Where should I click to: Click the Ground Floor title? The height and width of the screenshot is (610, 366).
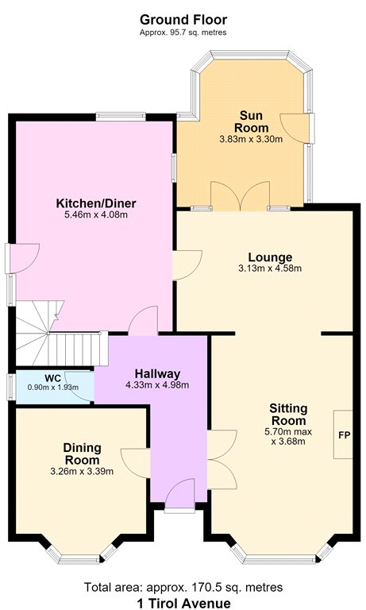point(183,19)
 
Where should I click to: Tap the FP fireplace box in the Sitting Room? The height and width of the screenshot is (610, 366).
point(343,434)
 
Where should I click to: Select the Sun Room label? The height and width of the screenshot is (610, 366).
point(251,122)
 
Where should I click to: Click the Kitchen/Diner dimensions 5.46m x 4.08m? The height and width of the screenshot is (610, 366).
point(96,214)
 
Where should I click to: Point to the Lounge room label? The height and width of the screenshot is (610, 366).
point(270,257)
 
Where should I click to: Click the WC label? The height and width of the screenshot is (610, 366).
point(52,379)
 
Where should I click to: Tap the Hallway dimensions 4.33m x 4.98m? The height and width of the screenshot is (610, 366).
point(157,385)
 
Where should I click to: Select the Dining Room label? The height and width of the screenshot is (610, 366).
point(82,454)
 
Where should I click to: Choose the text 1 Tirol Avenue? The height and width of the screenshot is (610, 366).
point(183,604)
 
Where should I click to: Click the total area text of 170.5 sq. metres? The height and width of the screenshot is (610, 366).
point(183,587)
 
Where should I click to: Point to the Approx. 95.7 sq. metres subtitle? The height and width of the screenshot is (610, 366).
point(183,33)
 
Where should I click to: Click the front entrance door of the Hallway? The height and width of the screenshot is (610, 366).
point(179,496)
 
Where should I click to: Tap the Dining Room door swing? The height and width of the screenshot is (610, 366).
point(136,463)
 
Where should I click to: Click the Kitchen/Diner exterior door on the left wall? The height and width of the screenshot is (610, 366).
point(22,258)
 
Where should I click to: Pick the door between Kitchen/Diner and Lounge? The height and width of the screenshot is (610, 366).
point(187,265)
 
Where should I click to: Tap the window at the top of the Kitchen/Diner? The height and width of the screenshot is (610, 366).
point(121,115)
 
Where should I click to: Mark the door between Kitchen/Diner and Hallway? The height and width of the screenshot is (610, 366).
point(143,321)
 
